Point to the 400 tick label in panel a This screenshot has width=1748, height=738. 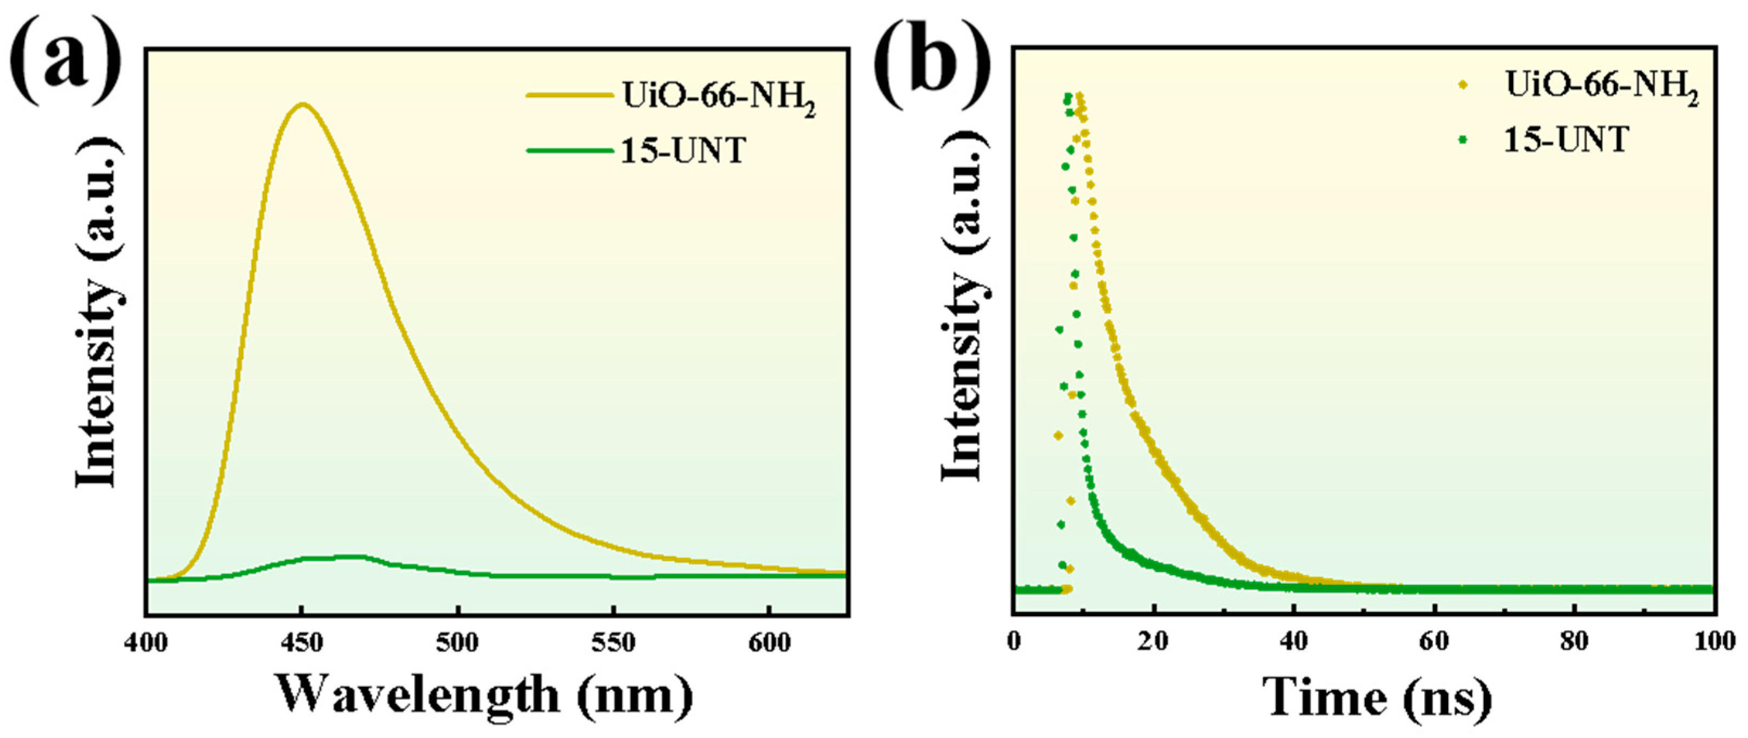click(x=146, y=642)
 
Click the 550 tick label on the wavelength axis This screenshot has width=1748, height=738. click(x=614, y=642)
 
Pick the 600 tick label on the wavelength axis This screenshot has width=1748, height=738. click(x=769, y=642)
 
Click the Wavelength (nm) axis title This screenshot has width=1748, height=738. click(x=485, y=696)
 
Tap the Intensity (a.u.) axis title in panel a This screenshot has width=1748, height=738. click(x=98, y=312)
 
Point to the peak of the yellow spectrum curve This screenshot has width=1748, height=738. click(x=303, y=104)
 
